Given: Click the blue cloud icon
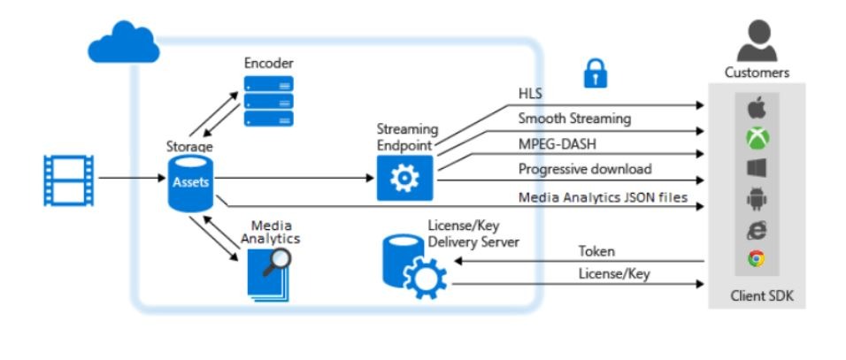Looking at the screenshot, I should coord(124,44).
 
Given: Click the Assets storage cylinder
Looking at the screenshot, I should coord(190,183).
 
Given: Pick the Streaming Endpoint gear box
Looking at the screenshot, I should coord(404,179).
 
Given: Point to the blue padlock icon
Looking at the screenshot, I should coord(596,75).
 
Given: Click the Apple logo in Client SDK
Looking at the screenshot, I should coord(757,110).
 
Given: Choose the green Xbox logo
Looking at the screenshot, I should coord(757,139).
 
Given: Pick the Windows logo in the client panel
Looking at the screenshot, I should coord(757,168).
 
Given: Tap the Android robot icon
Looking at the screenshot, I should coord(757,199).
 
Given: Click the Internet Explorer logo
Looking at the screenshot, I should coord(757,229).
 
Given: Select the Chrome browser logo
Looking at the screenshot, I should coord(757,259).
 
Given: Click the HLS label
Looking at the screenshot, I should coord(531,93).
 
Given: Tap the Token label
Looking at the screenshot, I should coord(596,252).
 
